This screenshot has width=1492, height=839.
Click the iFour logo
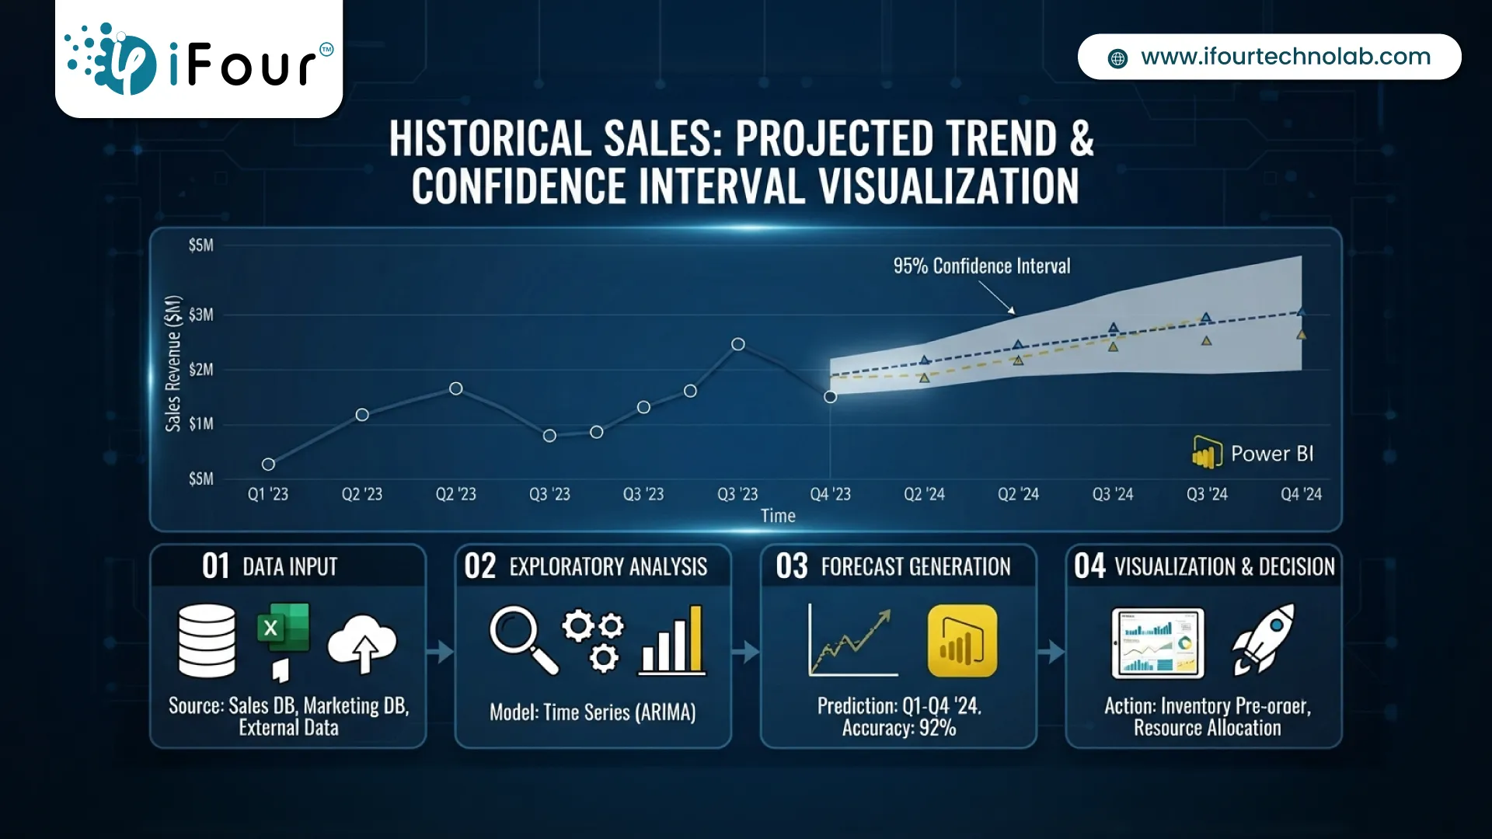[199, 59]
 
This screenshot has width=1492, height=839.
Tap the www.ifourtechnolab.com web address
[1285, 57]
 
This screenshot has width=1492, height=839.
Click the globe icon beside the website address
[1117, 58]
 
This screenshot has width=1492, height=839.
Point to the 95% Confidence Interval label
[981, 266]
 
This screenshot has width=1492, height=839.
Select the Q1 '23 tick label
[268, 494]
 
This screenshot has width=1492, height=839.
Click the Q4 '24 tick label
[1301, 494]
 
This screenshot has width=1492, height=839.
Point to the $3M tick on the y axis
[200, 315]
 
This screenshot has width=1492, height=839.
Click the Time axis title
[778, 516]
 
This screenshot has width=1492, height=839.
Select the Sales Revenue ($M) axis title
[173, 363]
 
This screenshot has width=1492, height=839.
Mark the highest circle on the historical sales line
[738, 344]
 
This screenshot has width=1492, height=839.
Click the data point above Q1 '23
[268, 465]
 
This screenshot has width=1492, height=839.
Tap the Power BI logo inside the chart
[1253, 453]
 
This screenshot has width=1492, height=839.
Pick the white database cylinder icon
[207, 641]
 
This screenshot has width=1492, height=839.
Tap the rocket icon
[1264, 639]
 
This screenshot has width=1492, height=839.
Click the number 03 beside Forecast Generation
[792, 566]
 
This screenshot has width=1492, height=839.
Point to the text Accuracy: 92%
[899, 728]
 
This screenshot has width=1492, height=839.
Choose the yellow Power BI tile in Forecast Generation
[962, 641]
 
